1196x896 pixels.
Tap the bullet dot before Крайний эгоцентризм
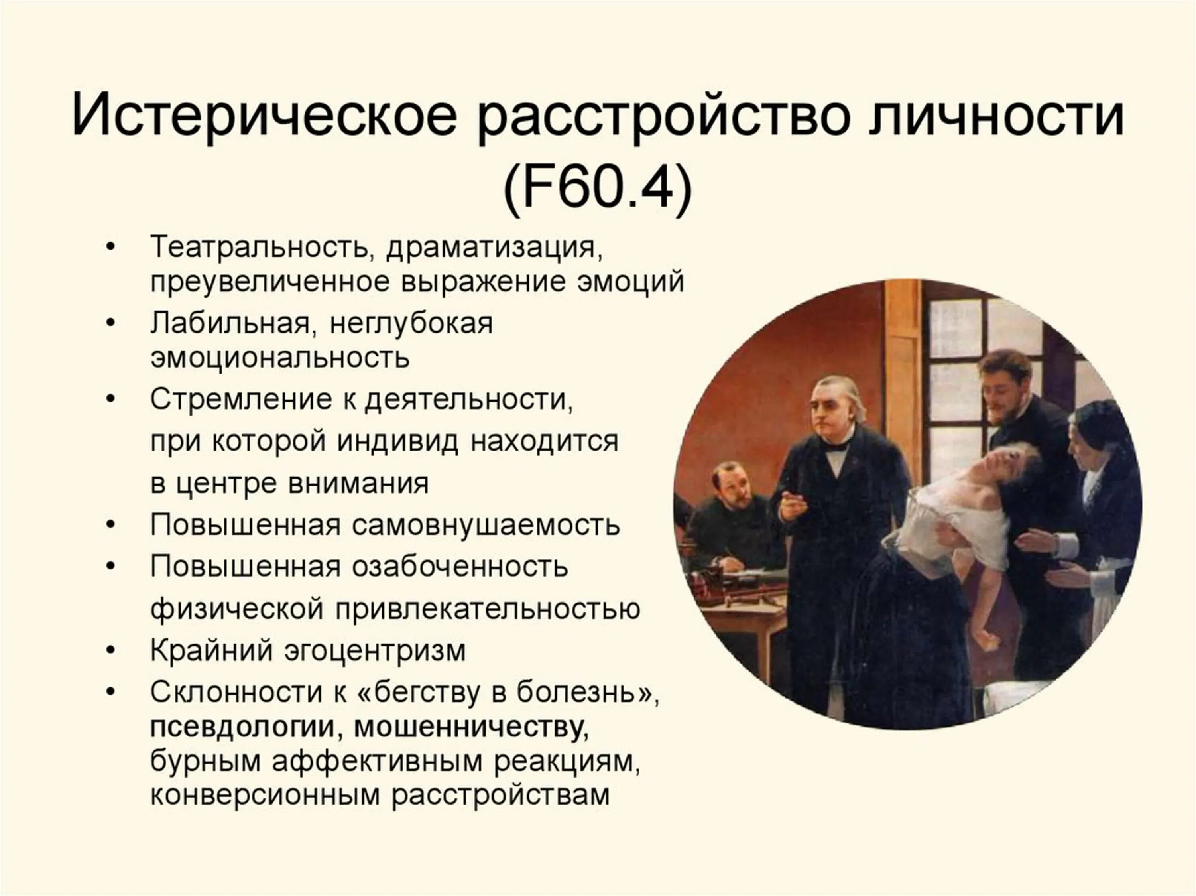111,650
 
